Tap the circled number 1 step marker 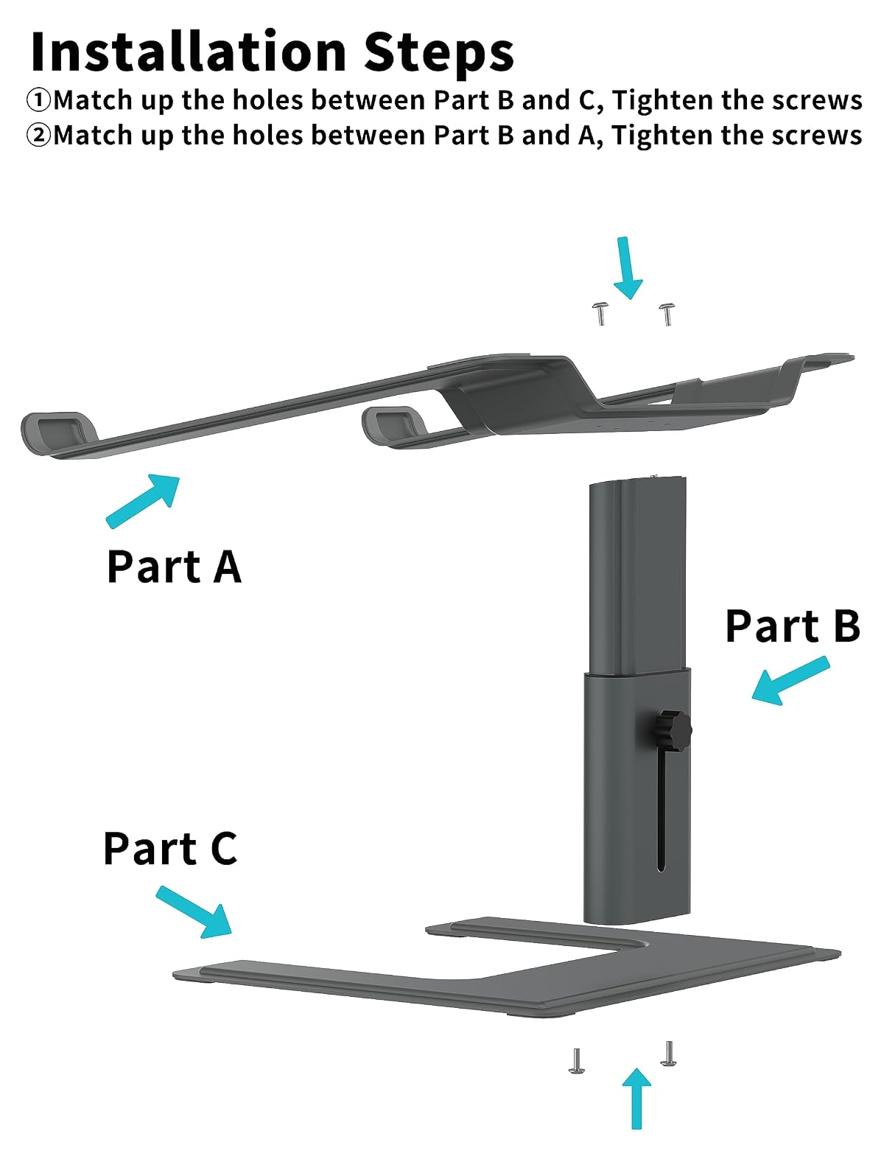point(38,100)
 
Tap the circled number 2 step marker point(38,135)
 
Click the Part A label point(174,566)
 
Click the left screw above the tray point(600,314)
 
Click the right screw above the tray point(667,314)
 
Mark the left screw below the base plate point(576,1061)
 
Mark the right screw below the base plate point(668,1054)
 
